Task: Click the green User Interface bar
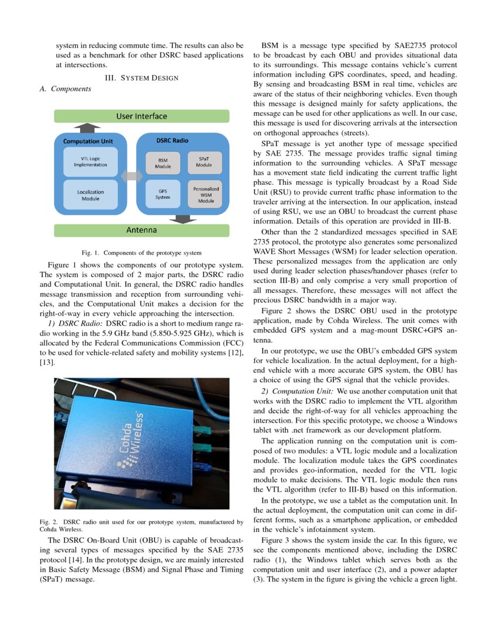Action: [x=141, y=116]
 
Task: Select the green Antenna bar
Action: [x=141, y=230]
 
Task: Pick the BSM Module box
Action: [x=163, y=163]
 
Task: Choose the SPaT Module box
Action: [x=204, y=161]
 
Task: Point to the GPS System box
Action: [x=163, y=194]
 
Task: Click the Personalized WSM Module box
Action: [x=205, y=195]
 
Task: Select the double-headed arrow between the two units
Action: [x=132, y=175]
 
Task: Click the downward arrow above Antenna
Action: [x=185, y=219]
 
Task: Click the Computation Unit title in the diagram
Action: [x=88, y=141]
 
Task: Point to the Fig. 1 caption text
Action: [x=141, y=253]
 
